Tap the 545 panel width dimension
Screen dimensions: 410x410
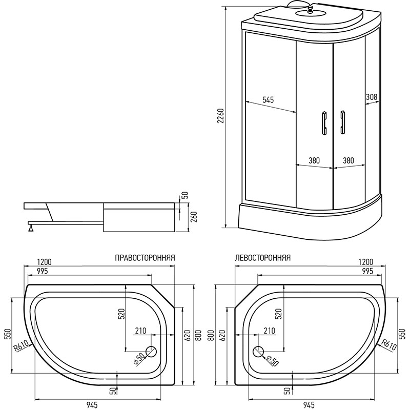[268, 100]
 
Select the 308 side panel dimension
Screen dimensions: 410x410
[372, 97]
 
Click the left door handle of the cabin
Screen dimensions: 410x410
[324, 123]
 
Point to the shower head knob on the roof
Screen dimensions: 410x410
[310, 10]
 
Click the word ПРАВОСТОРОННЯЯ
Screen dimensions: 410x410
[145, 258]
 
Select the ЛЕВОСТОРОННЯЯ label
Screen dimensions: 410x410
[263, 258]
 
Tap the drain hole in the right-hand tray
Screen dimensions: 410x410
[151, 351]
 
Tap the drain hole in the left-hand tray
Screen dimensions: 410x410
[259, 351]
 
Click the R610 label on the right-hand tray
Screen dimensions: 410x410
[21, 347]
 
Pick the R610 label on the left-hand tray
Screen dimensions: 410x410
[389, 344]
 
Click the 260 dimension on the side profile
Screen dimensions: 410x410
[194, 217]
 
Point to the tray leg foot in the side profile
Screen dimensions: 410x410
[31, 227]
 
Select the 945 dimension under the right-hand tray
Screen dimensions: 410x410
[92, 405]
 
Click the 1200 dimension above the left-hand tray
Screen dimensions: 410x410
[366, 262]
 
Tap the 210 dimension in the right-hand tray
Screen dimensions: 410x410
[140, 331]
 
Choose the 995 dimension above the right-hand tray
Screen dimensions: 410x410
[43, 271]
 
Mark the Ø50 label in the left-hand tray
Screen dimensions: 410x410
[272, 361]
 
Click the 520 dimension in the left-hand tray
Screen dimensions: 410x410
[278, 314]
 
